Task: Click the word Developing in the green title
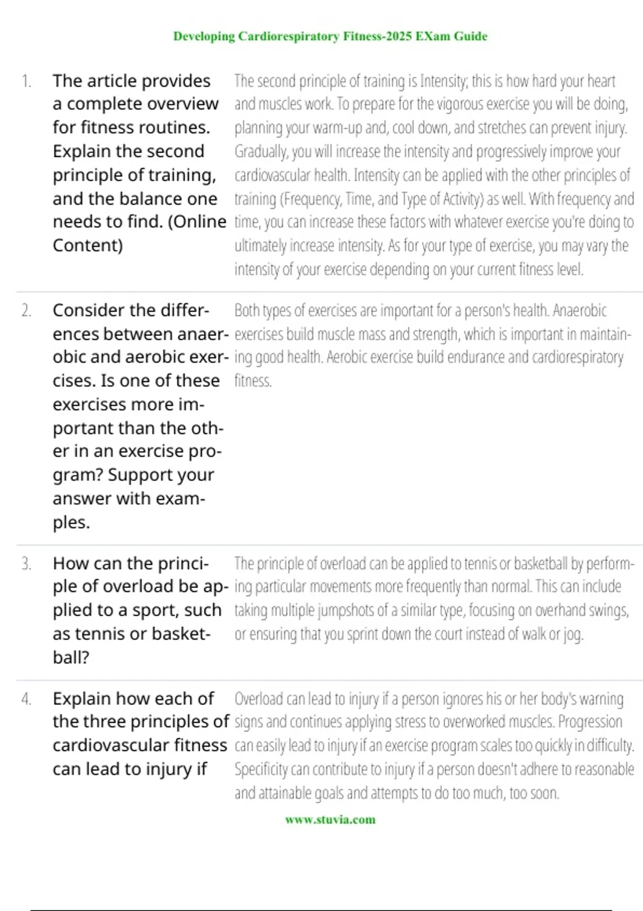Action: [x=204, y=36]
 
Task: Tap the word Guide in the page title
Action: [x=470, y=36]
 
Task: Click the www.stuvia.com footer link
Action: [x=330, y=819]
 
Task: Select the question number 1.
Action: [x=26, y=81]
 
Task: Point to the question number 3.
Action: [x=26, y=564]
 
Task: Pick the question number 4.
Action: [x=26, y=699]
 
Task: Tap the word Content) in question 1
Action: [x=88, y=245]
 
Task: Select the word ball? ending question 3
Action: [x=71, y=657]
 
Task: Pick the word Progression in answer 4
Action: [x=590, y=722]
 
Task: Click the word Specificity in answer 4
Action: [x=261, y=770]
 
